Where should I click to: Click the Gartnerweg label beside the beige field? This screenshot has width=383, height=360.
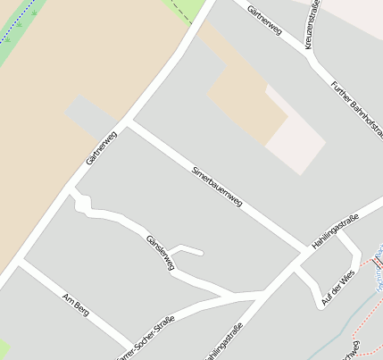[101, 148]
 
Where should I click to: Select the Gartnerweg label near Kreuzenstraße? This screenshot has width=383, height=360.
[265, 20]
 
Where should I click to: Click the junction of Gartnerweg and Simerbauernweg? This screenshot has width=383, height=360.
[129, 122]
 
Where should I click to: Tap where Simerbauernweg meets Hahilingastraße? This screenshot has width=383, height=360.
[308, 251]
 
